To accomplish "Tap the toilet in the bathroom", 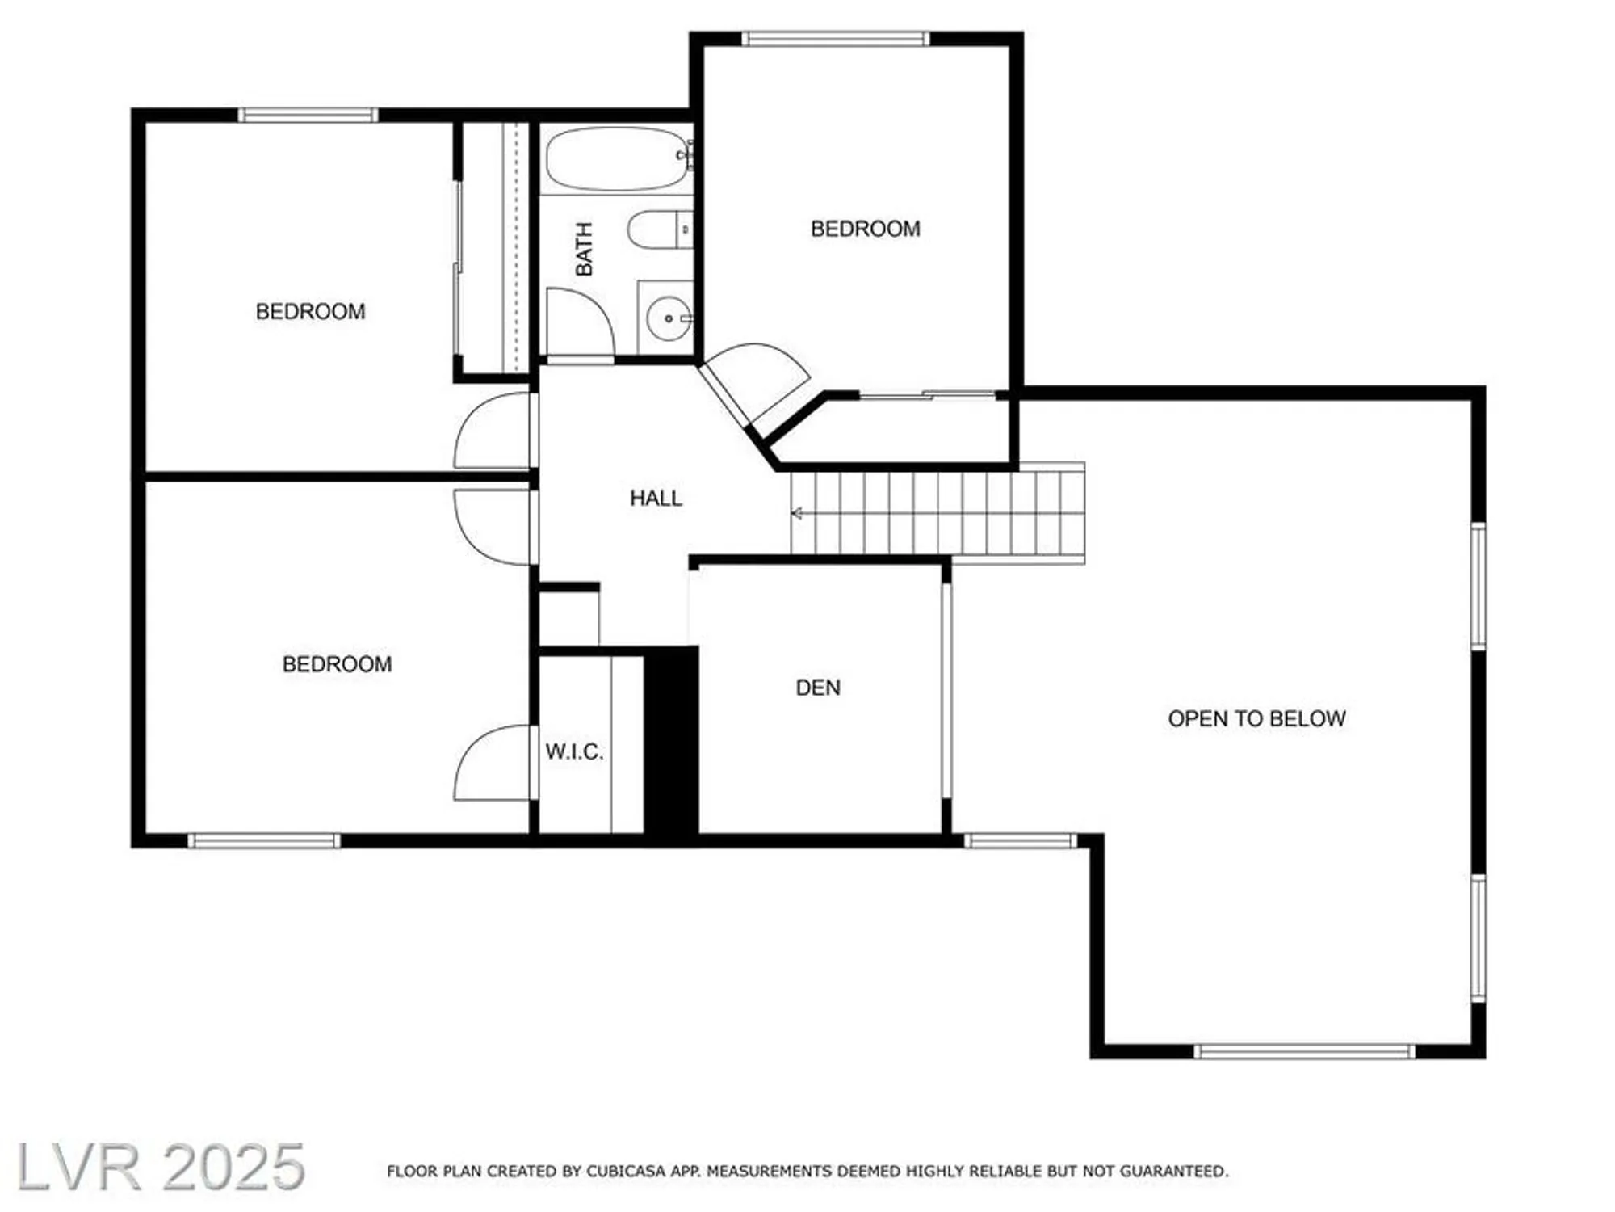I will click(x=658, y=229).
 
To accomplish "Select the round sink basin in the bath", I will click(x=668, y=318).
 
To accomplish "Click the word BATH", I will click(x=584, y=249).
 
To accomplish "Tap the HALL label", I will click(x=656, y=499).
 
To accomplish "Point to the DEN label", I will click(x=818, y=688).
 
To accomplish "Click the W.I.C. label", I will click(x=574, y=752).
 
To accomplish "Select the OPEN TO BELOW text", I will click(x=1256, y=719).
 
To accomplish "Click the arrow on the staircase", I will click(x=797, y=513).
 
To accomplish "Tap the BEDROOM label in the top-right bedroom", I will click(x=865, y=229).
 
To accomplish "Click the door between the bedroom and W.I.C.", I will click(x=493, y=764).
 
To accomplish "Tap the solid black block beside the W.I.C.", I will click(x=671, y=739).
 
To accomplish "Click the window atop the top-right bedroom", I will click(x=836, y=38).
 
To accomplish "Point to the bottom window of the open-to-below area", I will click(x=1304, y=1051).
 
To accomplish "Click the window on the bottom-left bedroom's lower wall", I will click(x=264, y=841).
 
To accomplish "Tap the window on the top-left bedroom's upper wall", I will click(x=308, y=115).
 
